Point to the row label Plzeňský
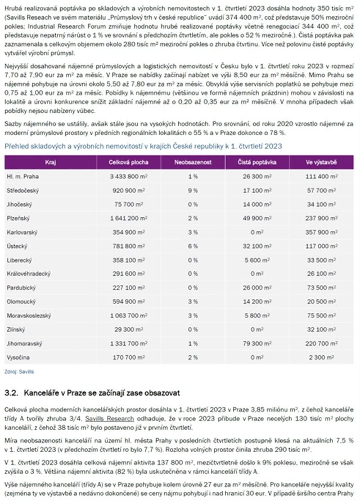click(18, 218)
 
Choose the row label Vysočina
click(18, 357)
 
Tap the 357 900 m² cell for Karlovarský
click(321, 232)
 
